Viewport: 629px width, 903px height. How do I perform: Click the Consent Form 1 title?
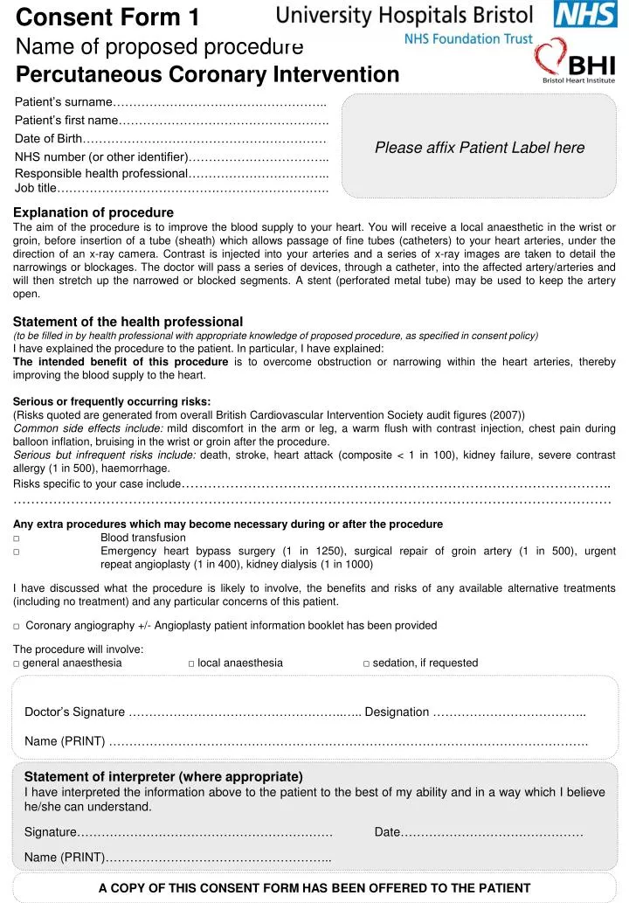click(x=108, y=17)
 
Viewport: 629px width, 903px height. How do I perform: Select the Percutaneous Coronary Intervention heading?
click(x=207, y=74)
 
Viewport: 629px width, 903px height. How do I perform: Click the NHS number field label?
click(x=102, y=156)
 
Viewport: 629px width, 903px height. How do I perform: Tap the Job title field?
click(x=192, y=187)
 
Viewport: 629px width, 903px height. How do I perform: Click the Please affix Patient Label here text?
click(x=480, y=148)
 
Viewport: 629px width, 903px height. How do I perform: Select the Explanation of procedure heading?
click(x=93, y=212)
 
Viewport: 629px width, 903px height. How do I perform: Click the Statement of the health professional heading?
click(x=128, y=322)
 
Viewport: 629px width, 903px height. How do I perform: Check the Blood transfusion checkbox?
click(x=17, y=538)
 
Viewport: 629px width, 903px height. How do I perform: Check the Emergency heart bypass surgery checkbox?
click(x=17, y=552)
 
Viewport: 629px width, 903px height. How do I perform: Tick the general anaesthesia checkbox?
click(x=17, y=663)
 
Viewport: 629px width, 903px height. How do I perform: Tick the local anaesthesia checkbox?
click(x=191, y=663)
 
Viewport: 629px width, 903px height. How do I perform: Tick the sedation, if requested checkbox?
click(x=366, y=663)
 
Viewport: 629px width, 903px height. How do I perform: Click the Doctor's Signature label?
click(x=74, y=712)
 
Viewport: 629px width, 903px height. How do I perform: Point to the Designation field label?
click(x=397, y=712)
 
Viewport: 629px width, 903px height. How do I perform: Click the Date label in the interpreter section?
click(x=387, y=831)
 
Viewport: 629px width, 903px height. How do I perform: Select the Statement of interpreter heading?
click(x=163, y=776)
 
